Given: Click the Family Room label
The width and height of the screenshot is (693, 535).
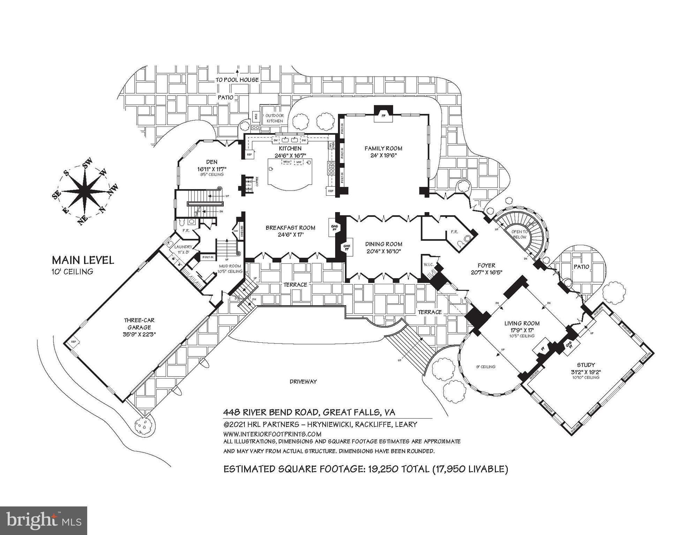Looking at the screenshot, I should pos(383,148).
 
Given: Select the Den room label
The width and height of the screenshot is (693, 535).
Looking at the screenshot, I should pos(212,162).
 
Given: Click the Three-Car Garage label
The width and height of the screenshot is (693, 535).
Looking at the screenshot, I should pos(139,324).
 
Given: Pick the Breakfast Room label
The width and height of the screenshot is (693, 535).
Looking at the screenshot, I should pos(290,228).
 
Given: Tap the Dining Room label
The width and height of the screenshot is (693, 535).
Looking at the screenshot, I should pos(384,244).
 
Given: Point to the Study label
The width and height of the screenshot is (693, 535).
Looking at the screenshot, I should pos(586,365).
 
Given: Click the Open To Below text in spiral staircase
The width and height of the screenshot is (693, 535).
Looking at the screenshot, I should pos(519,234).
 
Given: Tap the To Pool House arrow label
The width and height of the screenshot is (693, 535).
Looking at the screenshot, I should pos(237,80).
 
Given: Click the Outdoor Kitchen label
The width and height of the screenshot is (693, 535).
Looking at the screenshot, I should pos(275,118).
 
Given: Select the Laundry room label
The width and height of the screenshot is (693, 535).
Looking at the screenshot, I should pos(183,247).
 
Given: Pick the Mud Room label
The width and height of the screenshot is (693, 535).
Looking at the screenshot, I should pos(230,266).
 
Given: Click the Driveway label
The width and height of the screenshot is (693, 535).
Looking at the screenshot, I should pos(303,381).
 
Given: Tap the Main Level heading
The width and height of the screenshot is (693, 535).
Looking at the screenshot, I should pos(83,260).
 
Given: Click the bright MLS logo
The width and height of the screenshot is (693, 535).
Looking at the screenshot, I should pos(44,520).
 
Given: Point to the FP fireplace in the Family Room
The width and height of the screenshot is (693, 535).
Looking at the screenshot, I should pos(383,115).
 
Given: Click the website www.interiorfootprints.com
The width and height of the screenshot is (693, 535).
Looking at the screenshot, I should pos(272,434).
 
